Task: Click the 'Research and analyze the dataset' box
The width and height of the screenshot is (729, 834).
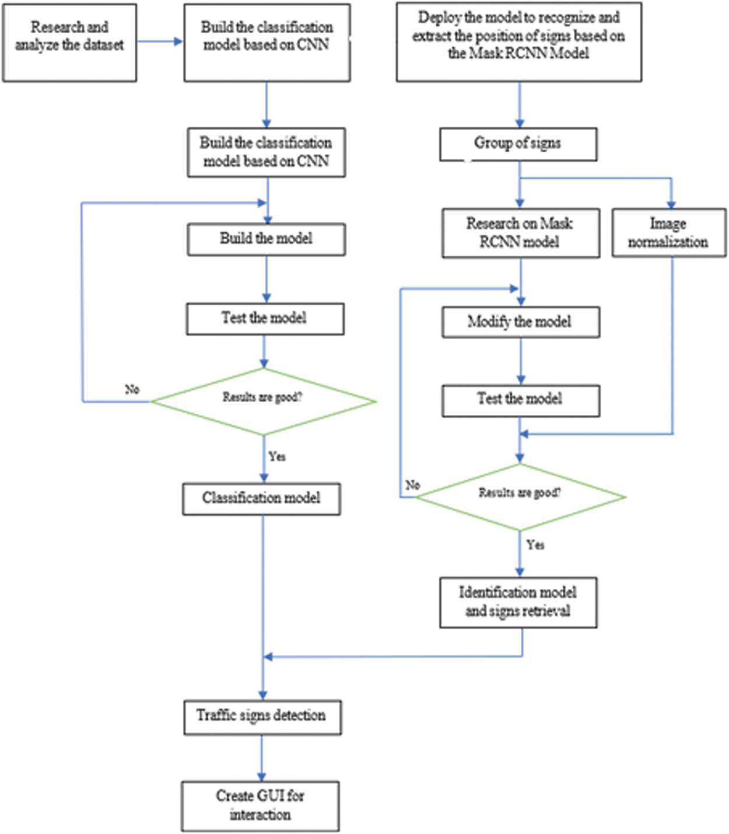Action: click(x=69, y=43)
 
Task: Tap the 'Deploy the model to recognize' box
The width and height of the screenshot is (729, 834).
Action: click(x=518, y=42)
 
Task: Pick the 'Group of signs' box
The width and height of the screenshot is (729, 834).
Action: click(x=518, y=144)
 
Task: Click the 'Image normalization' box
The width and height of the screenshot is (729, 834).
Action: click(x=668, y=232)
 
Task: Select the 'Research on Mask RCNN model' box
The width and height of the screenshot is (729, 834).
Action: click(x=520, y=233)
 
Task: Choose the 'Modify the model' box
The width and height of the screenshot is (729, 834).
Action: click(x=520, y=322)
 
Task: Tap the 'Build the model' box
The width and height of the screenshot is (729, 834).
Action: click(x=266, y=239)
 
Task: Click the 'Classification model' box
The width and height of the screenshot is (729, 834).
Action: click(x=261, y=498)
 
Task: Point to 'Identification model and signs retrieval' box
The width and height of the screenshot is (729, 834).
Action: click(x=518, y=602)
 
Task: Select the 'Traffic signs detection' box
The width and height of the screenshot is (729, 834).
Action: click(x=262, y=717)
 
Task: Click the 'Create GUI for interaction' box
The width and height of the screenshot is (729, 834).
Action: click(x=260, y=806)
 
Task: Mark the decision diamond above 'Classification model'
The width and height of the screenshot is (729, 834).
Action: click(x=264, y=402)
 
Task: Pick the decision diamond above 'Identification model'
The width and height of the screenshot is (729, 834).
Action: click(x=520, y=497)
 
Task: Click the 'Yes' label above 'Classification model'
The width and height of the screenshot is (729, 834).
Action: click(x=277, y=456)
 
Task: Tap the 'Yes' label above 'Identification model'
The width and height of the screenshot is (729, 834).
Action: click(x=535, y=545)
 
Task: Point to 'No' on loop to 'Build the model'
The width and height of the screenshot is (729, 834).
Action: click(x=132, y=389)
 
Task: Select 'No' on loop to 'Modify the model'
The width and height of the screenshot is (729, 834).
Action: click(x=412, y=485)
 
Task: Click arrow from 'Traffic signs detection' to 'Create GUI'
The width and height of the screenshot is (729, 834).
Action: click(x=261, y=758)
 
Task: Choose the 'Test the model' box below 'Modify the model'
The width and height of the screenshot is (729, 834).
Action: click(x=520, y=400)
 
